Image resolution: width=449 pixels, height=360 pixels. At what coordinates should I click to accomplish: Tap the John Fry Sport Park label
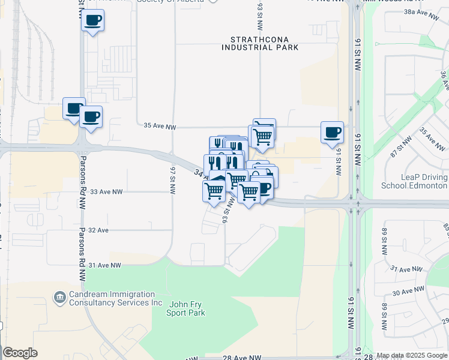187,308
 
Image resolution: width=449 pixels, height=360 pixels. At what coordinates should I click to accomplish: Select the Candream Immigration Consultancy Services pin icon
59,296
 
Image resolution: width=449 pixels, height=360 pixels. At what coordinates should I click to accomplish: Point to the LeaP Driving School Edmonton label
414,181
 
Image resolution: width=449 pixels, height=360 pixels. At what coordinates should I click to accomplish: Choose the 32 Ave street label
98,230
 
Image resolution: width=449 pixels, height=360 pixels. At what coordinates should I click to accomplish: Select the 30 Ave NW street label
408,291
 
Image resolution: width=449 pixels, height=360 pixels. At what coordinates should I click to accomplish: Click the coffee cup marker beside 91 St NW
331,133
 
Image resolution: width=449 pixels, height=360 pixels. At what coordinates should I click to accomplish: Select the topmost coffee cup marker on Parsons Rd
92,21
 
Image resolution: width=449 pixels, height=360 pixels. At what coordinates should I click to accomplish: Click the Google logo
20,353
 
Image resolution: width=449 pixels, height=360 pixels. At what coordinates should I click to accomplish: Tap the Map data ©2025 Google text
412,356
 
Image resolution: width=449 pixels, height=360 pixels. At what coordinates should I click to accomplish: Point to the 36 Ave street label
444,80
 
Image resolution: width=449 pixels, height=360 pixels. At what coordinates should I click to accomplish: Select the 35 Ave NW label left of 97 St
160,127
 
